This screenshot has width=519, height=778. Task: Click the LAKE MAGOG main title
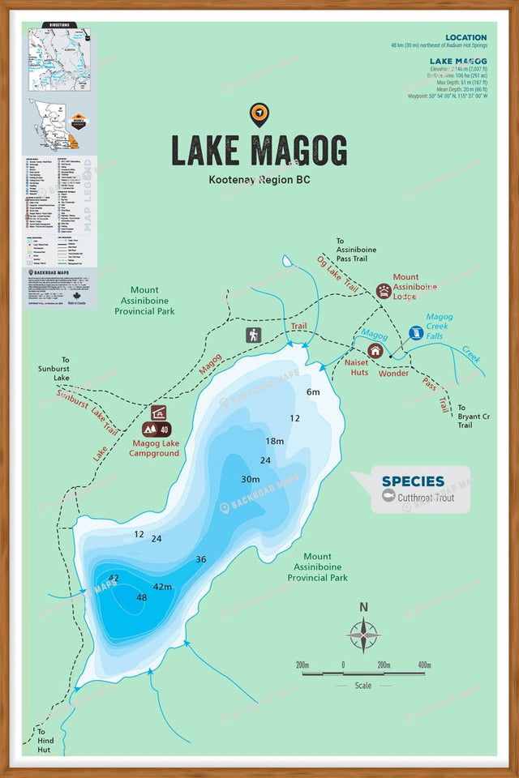click(x=259, y=151)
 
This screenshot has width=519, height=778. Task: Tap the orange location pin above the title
click(x=259, y=115)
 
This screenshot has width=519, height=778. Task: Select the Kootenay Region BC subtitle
click(x=259, y=180)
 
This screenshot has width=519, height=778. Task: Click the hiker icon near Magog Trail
click(x=254, y=335)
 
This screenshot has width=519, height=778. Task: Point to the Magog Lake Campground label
click(x=154, y=448)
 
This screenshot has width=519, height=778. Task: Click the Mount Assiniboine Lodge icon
click(x=384, y=291)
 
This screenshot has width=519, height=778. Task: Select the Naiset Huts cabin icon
click(x=375, y=351)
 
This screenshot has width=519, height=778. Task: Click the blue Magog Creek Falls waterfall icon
click(x=416, y=333)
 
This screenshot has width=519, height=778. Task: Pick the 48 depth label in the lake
click(x=142, y=597)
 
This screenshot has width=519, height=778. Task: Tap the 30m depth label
click(x=251, y=479)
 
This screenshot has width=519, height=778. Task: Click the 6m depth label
click(x=313, y=392)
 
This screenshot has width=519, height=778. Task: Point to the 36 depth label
click(x=201, y=559)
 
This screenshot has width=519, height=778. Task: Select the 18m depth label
click(x=275, y=441)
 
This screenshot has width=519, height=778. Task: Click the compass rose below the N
click(x=364, y=635)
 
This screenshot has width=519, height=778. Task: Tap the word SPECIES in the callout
click(x=413, y=481)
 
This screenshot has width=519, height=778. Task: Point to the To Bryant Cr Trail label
click(x=474, y=416)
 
